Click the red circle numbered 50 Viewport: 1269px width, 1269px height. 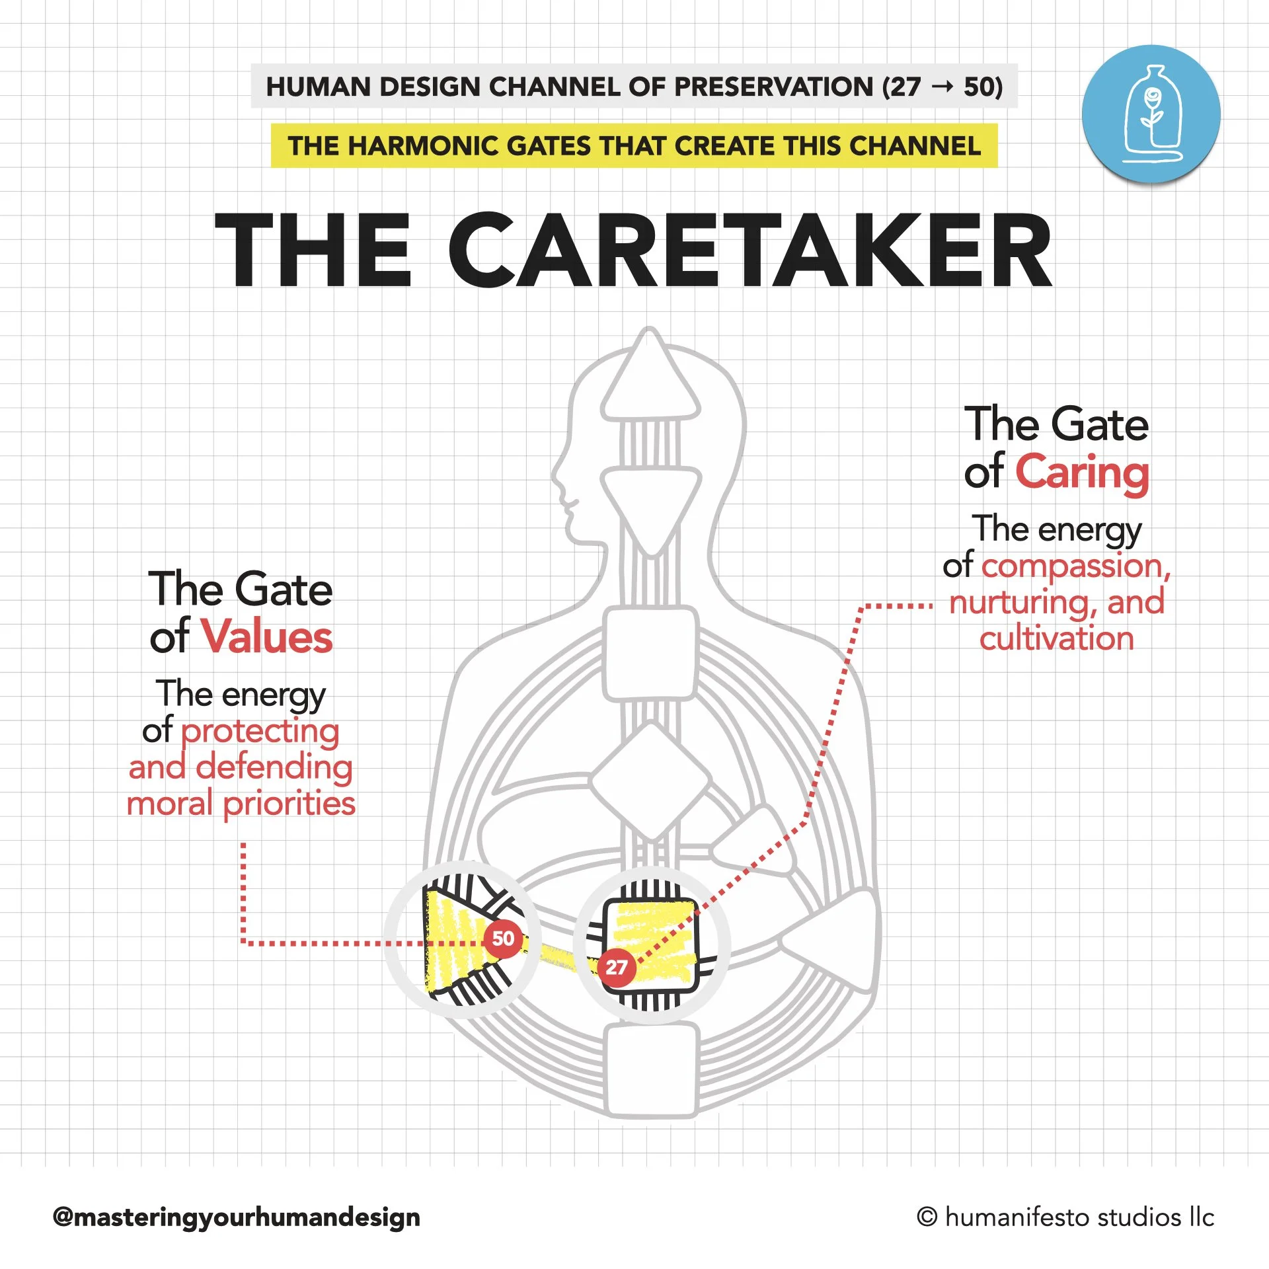click(503, 938)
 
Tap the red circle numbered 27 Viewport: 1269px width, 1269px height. click(617, 968)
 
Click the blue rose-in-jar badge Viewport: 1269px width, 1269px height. click(1151, 114)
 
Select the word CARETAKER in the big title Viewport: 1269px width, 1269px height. click(750, 250)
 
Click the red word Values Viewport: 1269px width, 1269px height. click(266, 637)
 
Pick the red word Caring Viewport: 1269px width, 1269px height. click(1082, 472)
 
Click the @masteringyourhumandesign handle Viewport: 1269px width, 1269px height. click(236, 1217)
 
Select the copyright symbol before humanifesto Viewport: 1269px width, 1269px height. click(927, 1217)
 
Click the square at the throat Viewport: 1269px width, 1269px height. click(650, 653)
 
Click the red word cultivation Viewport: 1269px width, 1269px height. click(1056, 638)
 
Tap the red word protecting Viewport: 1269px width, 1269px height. click(260, 731)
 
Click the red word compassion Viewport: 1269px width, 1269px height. click(1072, 566)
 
